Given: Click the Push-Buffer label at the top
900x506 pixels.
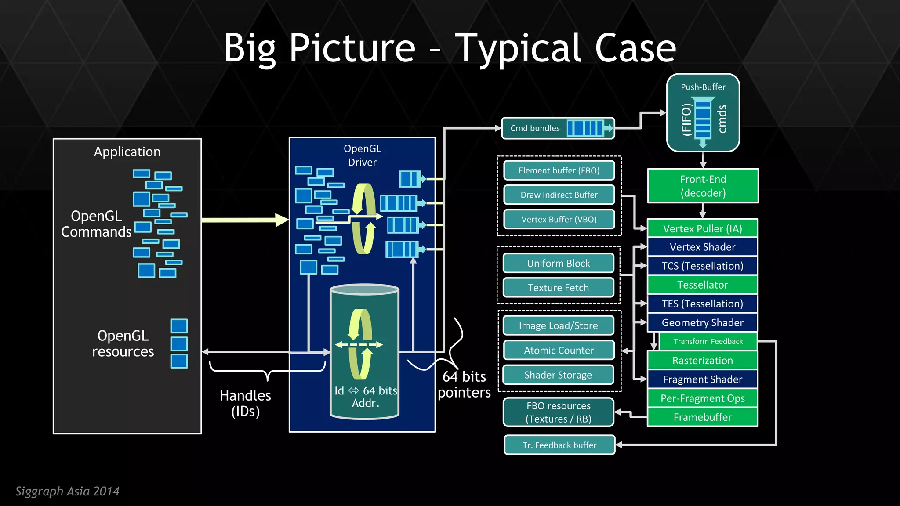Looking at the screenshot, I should [703, 87].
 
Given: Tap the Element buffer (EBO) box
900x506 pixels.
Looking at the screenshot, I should [559, 170].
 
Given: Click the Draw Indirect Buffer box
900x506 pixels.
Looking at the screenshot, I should [559, 195].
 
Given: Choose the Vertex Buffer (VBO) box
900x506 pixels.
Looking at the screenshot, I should [559, 219].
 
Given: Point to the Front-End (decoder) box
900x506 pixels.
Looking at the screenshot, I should [703, 186].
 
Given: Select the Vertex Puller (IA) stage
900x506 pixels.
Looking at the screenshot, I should [702, 228].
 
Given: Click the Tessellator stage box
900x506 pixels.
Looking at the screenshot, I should [702, 285].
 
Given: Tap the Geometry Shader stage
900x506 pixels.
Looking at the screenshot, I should [702, 322].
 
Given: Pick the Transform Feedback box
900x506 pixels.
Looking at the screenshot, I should [708, 341].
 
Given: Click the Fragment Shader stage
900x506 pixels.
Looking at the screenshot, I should [702, 379].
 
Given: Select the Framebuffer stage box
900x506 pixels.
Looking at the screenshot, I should [702, 417].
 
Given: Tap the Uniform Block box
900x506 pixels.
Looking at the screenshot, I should [558, 263].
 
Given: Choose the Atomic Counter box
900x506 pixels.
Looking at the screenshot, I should [558, 350].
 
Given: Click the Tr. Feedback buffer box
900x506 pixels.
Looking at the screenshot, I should [559, 445].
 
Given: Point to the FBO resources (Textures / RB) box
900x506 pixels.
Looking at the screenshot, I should [558, 412].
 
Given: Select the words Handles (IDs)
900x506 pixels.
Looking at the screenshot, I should [245, 403].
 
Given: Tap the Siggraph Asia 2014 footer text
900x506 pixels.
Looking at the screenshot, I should [67, 491].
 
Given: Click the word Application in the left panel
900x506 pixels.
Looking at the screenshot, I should [127, 152].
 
